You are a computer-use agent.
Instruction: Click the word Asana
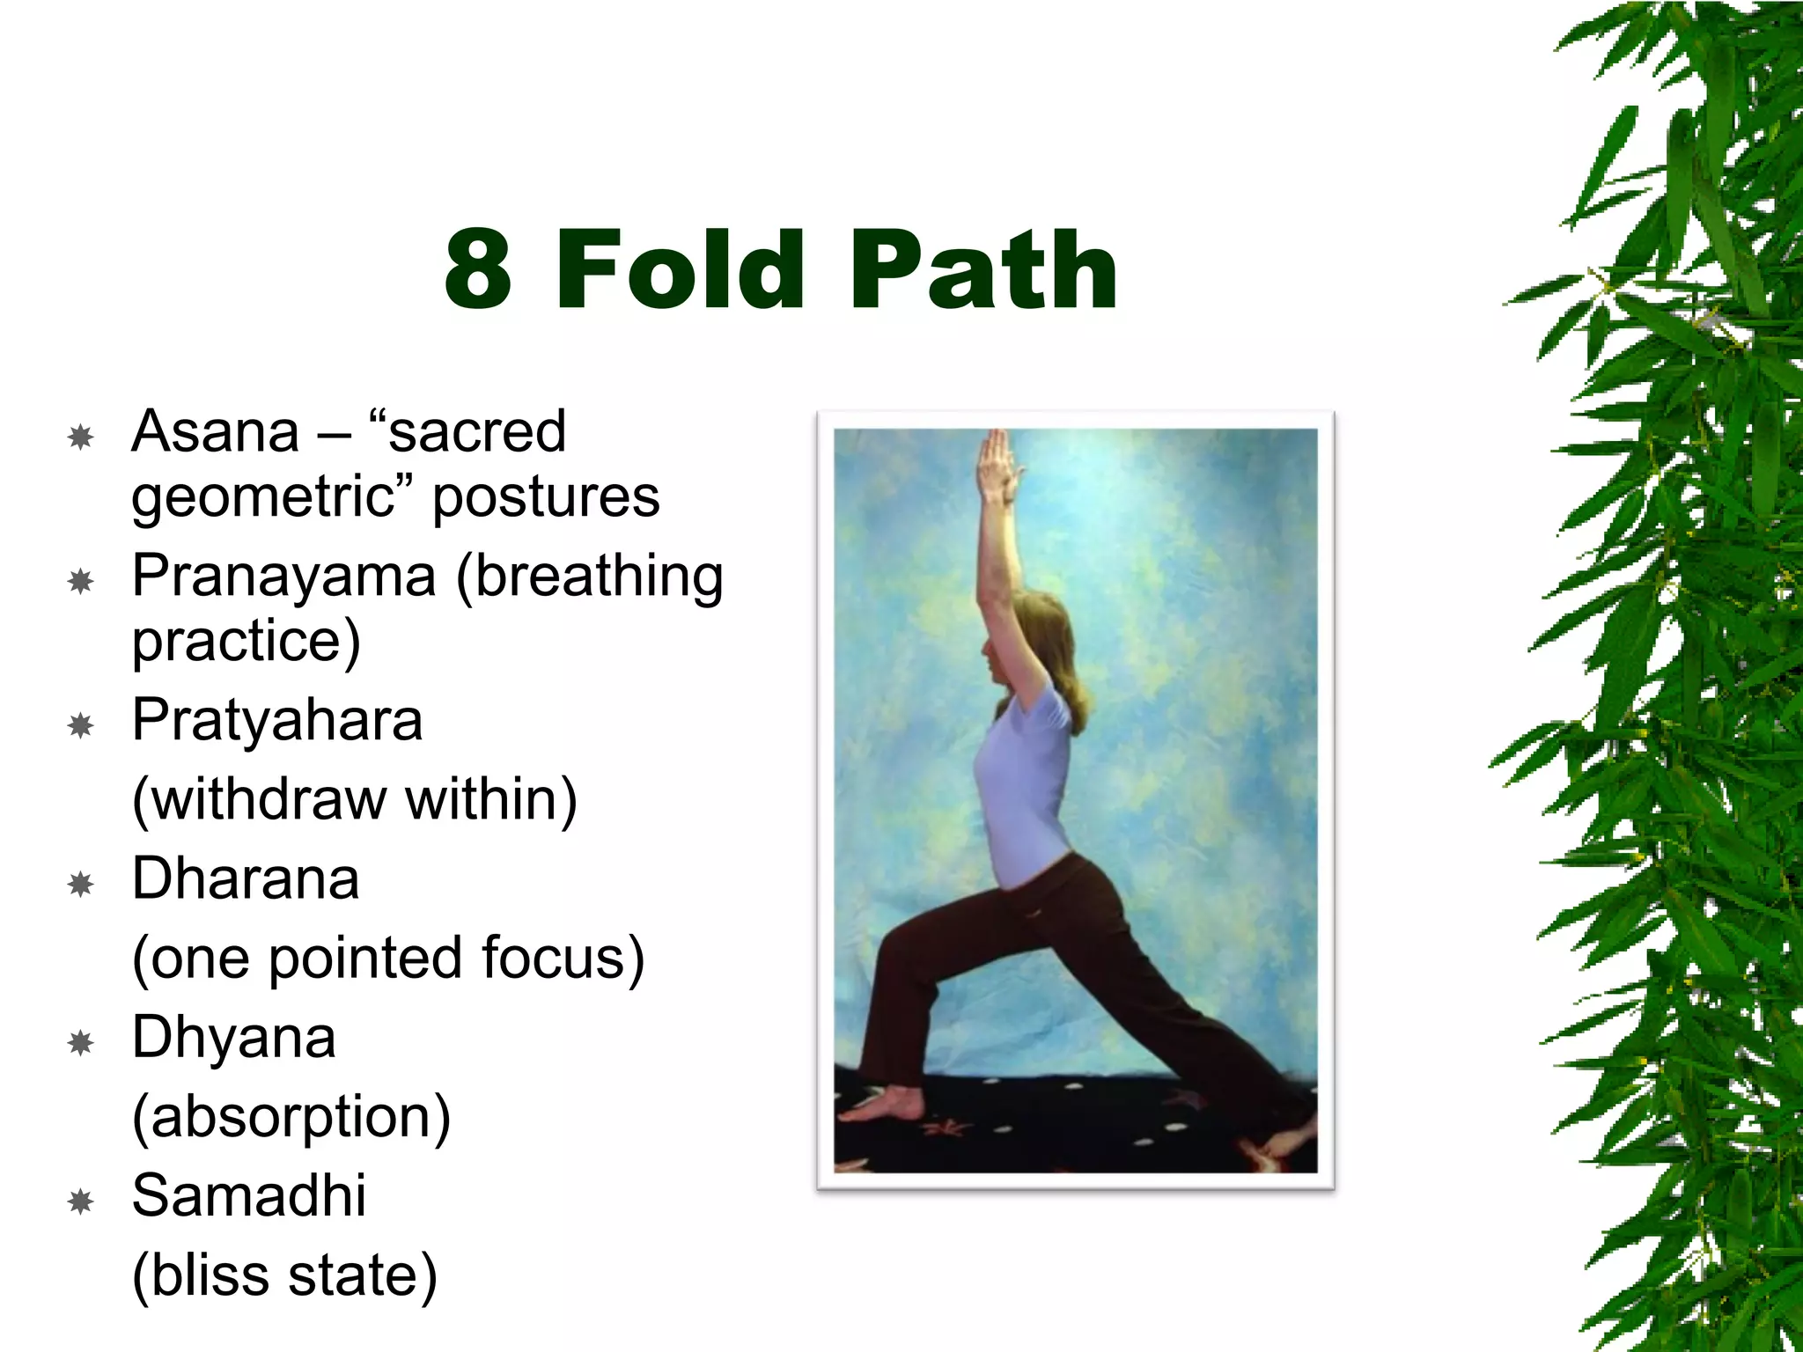[216, 432]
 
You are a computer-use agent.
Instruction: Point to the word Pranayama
[283, 577]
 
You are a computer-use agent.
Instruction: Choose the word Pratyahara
[277, 721]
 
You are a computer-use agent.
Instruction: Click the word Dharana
[246, 879]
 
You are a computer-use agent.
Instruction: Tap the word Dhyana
[233, 1038]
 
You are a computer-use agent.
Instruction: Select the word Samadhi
[249, 1196]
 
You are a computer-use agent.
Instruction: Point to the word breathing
[590, 577]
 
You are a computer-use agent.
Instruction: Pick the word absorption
[291, 1117]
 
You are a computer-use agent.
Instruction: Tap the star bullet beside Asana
[81, 437]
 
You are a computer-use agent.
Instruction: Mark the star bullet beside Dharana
[81, 884]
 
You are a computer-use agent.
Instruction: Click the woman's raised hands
[998, 462]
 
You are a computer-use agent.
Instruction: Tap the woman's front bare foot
[880, 1104]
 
